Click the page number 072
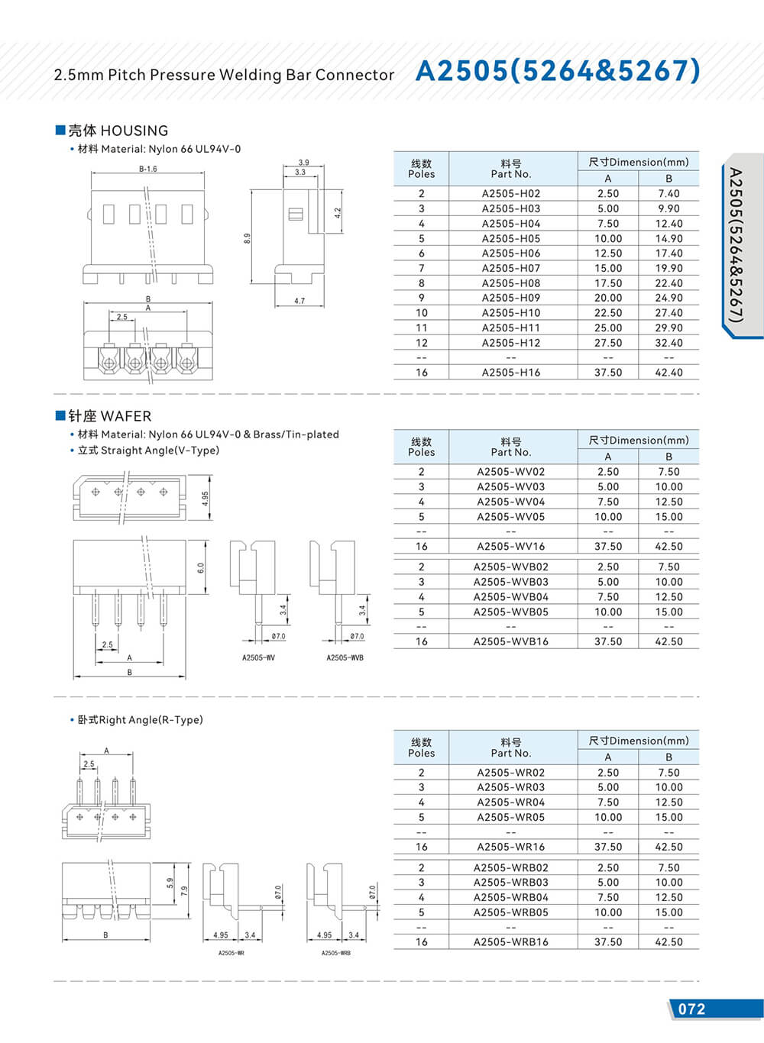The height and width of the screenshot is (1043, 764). point(691,1009)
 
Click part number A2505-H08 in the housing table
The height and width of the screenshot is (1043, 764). point(510,283)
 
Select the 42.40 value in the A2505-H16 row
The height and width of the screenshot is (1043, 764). point(668,373)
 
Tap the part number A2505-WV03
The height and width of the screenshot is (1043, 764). point(510,487)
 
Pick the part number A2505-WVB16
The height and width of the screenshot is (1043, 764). point(510,642)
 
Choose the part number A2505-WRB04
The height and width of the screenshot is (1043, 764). point(510,898)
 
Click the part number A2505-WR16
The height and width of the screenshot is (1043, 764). point(510,847)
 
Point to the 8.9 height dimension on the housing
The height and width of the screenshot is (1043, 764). point(248,238)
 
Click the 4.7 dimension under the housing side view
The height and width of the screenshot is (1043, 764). point(299,302)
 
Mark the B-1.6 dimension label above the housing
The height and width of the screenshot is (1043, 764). point(148,169)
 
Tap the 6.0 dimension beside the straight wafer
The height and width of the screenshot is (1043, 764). point(201,568)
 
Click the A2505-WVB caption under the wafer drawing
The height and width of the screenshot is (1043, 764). point(345,658)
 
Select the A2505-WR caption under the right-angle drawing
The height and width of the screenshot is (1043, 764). point(231,953)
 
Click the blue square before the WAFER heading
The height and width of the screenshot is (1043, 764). point(60,415)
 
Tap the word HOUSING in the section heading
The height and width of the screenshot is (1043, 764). point(134,131)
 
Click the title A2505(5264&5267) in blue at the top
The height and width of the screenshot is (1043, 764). point(558,71)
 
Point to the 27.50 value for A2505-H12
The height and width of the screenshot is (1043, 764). point(608,343)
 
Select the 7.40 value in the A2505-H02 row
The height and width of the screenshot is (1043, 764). point(668,194)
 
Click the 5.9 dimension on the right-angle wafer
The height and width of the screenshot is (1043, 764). point(170,883)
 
